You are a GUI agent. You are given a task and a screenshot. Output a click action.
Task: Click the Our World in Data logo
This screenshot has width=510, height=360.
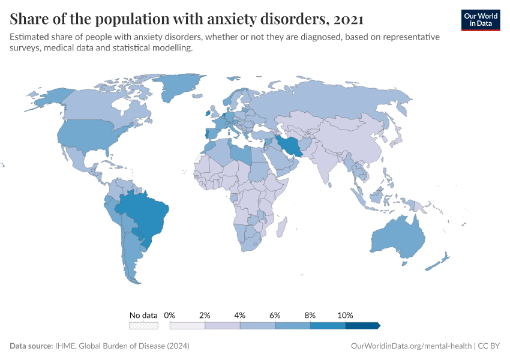[480, 20]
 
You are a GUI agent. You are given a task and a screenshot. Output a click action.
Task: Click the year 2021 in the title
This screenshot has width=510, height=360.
[347, 19]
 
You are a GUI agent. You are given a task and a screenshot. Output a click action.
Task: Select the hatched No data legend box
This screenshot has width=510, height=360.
[143, 326]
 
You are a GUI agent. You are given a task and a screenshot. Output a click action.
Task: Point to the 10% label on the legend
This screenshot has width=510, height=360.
[346, 315]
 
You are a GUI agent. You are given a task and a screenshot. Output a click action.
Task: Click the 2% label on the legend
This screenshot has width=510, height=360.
[205, 315]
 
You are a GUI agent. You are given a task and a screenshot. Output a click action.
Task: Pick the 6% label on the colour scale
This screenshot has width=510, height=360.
[275, 315]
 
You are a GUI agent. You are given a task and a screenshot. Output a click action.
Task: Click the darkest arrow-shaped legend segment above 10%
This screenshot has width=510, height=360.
[362, 326]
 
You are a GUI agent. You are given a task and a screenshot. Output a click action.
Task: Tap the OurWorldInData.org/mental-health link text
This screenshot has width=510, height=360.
[411, 346]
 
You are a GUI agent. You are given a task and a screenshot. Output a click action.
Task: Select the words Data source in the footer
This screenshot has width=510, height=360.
[31, 346]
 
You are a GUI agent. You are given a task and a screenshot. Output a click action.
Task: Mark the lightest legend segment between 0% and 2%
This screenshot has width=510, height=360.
[188, 326]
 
